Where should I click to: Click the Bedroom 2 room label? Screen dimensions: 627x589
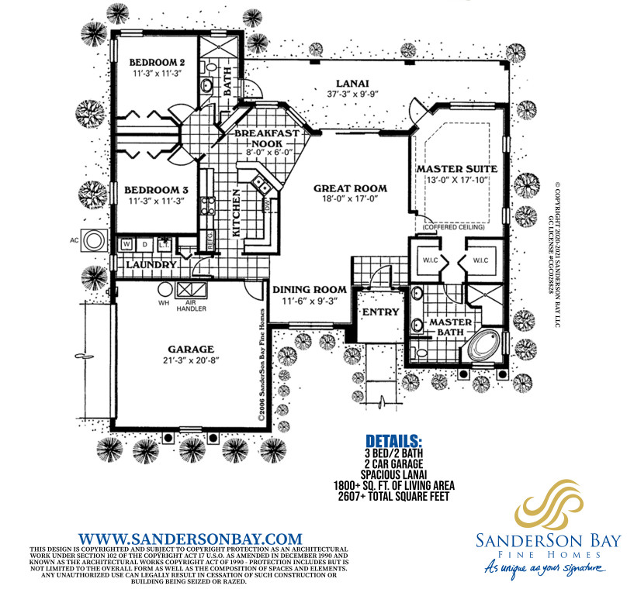pyautogui.click(x=157, y=62)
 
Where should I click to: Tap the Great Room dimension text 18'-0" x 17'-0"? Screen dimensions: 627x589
pyautogui.click(x=350, y=198)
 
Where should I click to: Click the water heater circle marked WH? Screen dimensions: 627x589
pyautogui.click(x=165, y=289)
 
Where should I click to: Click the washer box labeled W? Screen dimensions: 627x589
pyautogui.click(x=126, y=244)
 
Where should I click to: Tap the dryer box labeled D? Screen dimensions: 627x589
pyautogui.click(x=145, y=244)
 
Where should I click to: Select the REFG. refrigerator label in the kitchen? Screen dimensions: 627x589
pyautogui.click(x=210, y=240)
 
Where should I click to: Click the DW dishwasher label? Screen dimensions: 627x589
pyautogui.click(x=267, y=205)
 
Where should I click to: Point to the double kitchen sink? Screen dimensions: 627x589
pyautogui.click(x=261, y=184)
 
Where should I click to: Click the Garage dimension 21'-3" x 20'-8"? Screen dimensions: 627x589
pyautogui.click(x=191, y=360)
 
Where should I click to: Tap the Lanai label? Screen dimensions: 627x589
pyautogui.click(x=352, y=84)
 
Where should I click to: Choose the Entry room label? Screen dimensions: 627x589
pyautogui.click(x=381, y=312)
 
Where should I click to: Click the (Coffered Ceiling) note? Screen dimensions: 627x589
pyautogui.click(x=453, y=227)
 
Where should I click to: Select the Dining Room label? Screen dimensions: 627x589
pyautogui.click(x=310, y=290)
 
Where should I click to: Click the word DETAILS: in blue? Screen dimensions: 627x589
pyautogui.click(x=394, y=441)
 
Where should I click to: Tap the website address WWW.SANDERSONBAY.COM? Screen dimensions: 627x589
pyautogui.click(x=190, y=539)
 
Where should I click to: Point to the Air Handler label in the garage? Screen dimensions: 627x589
pyautogui.click(x=192, y=306)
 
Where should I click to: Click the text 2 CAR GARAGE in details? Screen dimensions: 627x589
pyautogui.click(x=394, y=464)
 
